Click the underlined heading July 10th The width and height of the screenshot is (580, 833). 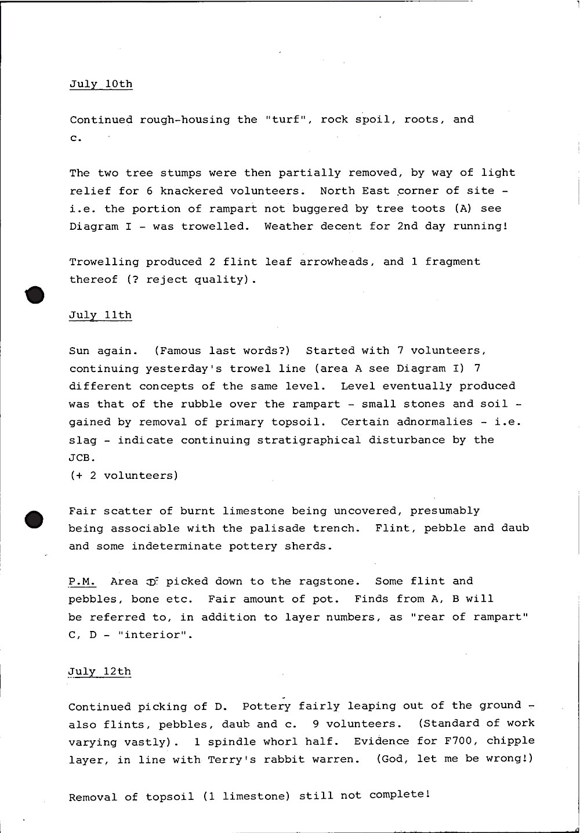[x=101, y=84]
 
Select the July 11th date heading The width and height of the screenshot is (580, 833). [x=100, y=315]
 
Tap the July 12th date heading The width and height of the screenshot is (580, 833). [x=100, y=672]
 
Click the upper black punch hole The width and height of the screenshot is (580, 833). [x=35, y=295]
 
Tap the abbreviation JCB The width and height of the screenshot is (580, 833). [x=79, y=458]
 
